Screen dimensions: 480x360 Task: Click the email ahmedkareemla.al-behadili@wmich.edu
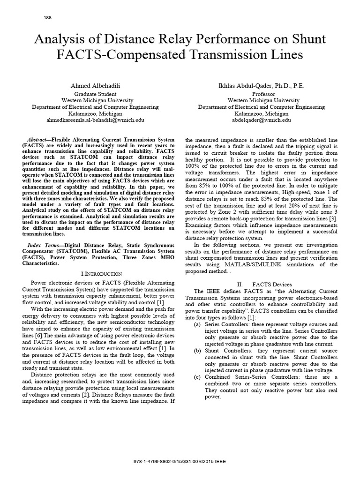pos(94,120)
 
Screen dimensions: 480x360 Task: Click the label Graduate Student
pos(95,94)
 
